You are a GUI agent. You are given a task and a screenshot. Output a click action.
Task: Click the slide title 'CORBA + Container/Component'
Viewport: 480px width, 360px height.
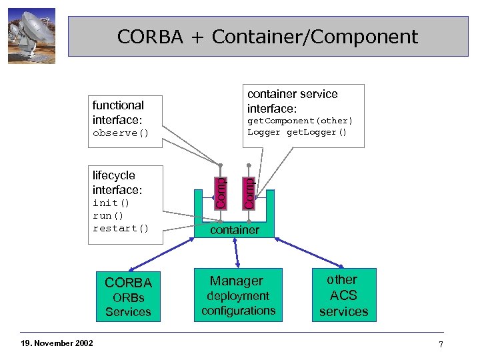(x=267, y=36)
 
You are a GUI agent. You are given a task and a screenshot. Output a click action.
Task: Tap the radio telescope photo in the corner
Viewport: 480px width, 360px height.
(x=31, y=36)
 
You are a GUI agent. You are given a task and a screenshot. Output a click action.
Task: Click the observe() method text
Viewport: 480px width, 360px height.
(x=120, y=133)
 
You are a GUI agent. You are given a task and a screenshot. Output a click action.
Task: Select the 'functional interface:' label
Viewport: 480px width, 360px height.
(x=118, y=112)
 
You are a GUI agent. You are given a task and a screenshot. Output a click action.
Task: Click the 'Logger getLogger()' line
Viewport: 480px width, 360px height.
(x=297, y=132)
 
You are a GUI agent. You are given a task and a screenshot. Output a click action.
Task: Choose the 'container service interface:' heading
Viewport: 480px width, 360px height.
(x=292, y=101)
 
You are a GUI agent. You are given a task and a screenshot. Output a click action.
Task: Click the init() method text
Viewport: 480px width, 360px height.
(x=111, y=203)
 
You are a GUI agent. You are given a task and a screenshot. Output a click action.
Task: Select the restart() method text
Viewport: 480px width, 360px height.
(x=120, y=228)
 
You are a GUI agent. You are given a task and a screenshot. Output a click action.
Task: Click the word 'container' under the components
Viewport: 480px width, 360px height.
(x=235, y=230)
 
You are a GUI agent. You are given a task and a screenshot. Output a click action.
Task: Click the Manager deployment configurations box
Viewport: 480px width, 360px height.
(x=238, y=295)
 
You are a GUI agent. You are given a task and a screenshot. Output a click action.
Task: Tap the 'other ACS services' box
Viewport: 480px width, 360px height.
(x=343, y=295)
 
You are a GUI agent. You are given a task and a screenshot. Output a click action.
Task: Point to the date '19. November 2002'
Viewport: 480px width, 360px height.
(x=56, y=343)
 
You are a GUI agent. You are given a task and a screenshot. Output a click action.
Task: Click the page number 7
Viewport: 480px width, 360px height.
(x=441, y=344)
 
